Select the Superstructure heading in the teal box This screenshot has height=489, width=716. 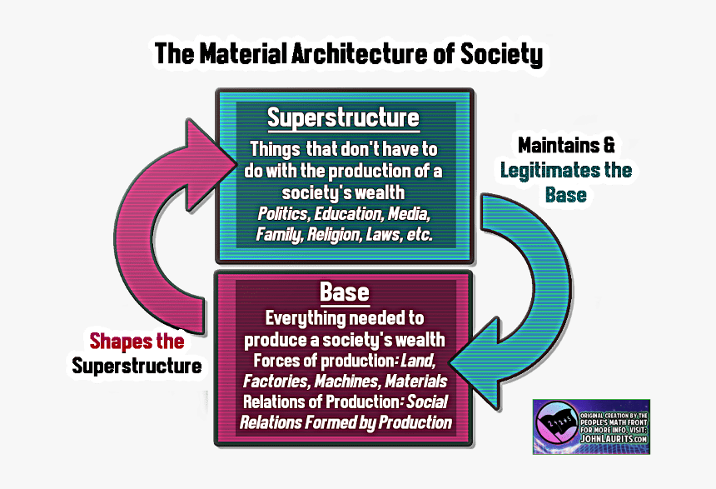[343, 118]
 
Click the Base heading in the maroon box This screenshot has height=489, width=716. [344, 293]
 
